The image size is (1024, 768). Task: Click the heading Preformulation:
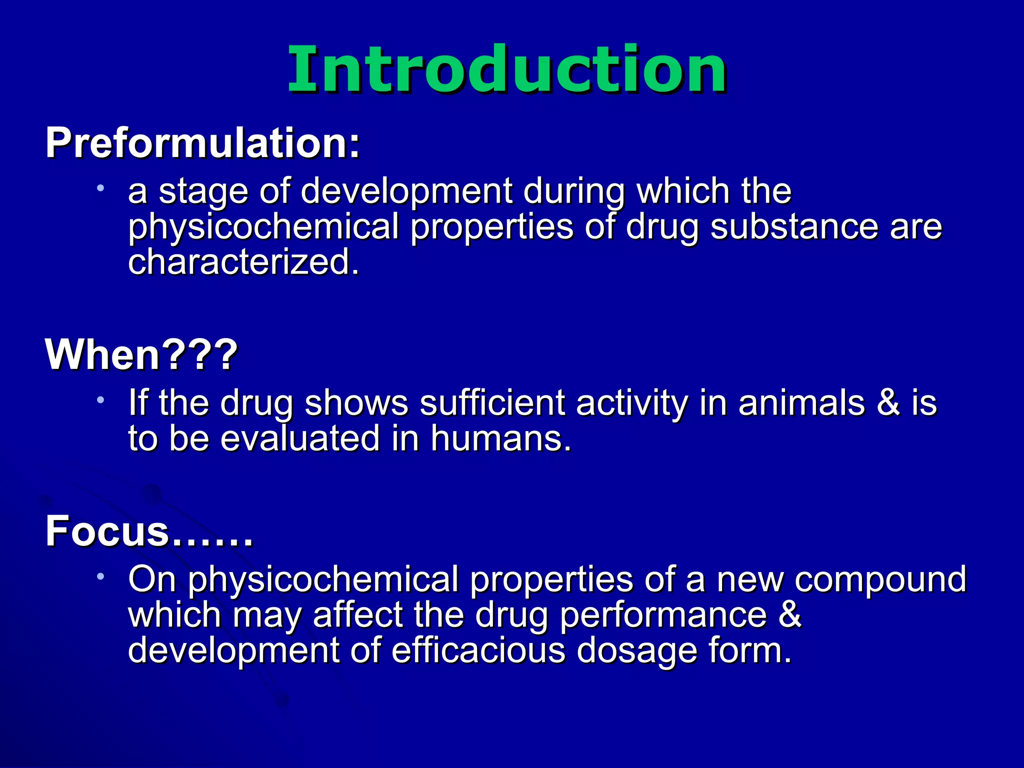(x=202, y=143)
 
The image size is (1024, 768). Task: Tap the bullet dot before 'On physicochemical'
(x=100, y=576)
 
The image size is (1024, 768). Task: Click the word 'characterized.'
(x=243, y=262)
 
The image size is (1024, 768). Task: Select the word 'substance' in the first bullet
(x=794, y=226)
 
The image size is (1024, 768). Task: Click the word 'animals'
(x=801, y=402)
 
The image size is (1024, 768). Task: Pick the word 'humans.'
(x=500, y=438)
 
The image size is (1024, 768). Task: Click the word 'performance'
(x=662, y=615)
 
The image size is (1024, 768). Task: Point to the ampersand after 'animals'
(x=888, y=402)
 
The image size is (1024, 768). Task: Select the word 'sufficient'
(x=492, y=402)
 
